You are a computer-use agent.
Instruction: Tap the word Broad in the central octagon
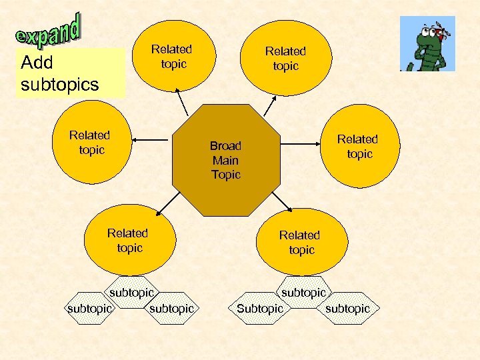225,146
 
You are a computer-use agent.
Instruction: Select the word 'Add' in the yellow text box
37,63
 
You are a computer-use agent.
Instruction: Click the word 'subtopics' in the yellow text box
60,85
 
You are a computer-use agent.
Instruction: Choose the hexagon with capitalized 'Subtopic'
260,309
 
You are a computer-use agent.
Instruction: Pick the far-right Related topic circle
358,146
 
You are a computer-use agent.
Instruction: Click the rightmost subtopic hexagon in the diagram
347,309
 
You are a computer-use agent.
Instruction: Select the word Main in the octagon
225,161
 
